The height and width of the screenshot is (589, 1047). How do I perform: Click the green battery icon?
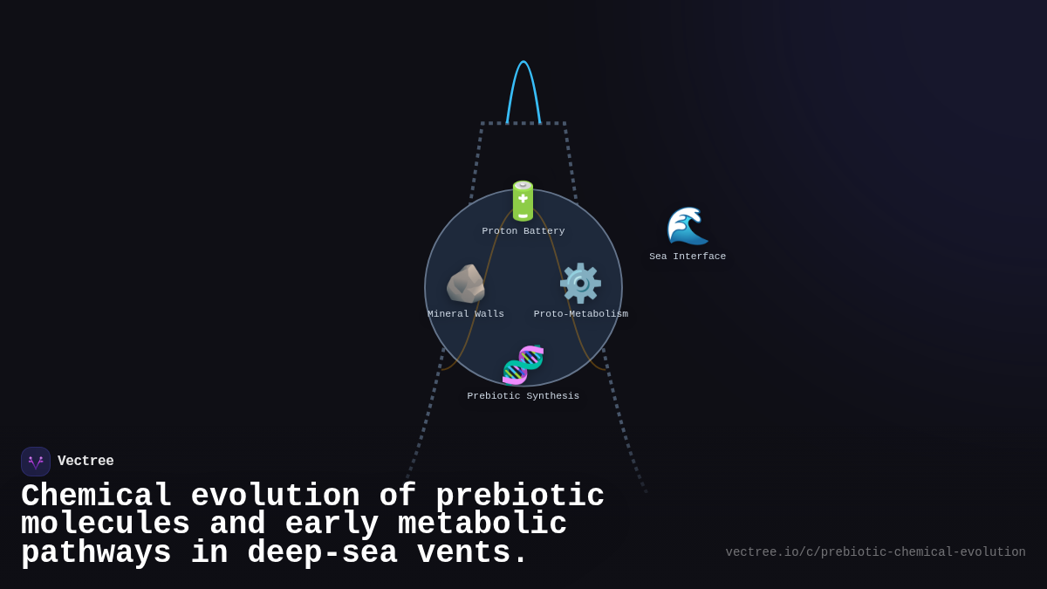tap(523, 201)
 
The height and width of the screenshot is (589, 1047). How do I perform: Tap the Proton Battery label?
tap(523, 231)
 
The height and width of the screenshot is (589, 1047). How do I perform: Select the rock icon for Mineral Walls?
tap(466, 284)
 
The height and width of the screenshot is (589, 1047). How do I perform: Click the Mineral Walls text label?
tap(466, 314)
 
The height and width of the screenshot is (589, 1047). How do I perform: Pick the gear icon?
tap(580, 284)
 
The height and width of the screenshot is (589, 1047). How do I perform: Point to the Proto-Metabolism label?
tap(581, 314)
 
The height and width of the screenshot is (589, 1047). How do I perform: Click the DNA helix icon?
tap(523, 365)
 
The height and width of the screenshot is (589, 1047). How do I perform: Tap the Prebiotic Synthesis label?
tap(523, 396)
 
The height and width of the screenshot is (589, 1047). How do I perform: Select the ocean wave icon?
tap(688, 227)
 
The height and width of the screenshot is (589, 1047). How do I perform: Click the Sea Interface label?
tap(688, 257)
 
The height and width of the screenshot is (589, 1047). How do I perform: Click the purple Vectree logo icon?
tap(36, 462)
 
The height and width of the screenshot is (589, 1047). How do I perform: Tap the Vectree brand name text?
tap(86, 462)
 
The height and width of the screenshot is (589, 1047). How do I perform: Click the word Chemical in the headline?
tap(96, 497)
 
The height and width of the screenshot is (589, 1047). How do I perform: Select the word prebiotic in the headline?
tap(520, 497)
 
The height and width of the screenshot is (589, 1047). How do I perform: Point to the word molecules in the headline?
tap(106, 524)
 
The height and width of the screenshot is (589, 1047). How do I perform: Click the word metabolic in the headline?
tap(482, 524)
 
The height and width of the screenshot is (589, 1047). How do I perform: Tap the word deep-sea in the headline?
tap(322, 553)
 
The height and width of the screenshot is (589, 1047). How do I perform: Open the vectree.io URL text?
tap(875, 552)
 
